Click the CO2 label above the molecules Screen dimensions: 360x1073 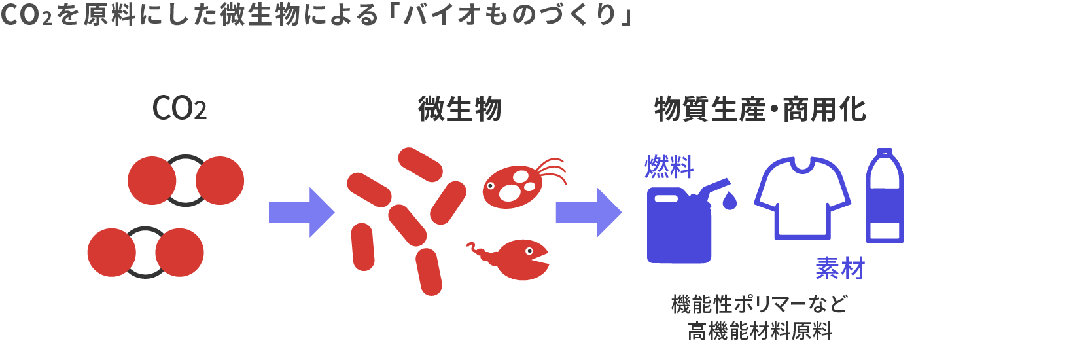pyautogui.click(x=179, y=109)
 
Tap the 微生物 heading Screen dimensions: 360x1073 pyautogui.click(x=459, y=109)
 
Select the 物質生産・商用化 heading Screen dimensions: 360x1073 pyautogui.click(x=760, y=109)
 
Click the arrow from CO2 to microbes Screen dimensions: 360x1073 pyautogui.click(x=302, y=212)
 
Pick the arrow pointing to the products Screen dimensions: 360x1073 pyautogui.click(x=588, y=212)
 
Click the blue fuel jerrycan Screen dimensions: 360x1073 pyautogui.click(x=678, y=229)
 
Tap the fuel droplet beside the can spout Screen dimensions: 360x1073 pyautogui.click(x=729, y=200)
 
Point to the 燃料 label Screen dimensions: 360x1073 pyautogui.click(x=669, y=168)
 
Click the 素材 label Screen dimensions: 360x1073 pyautogui.click(x=839, y=268)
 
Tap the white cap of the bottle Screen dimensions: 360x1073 pyautogui.click(x=885, y=153)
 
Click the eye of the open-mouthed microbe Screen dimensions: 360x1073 pyautogui.click(x=528, y=250)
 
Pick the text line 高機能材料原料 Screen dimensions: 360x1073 pyautogui.click(x=760, y=331)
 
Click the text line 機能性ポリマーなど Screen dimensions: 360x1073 pyautogui.click(x=760, y=304)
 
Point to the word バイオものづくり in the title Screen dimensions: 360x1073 pyautogui.click(x=510, y=14)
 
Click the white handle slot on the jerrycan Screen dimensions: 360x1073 pyautogui.click(x=667, y=198)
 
